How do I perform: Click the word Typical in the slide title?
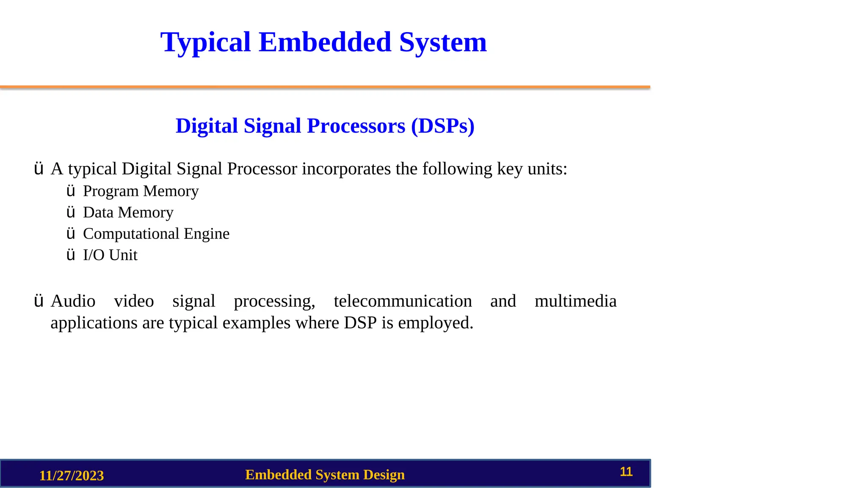point(206,42)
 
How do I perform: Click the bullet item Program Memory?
point(141,191)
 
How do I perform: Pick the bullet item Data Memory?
point(128,212)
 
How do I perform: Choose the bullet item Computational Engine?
point(156,233)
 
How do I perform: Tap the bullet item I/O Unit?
point(110,255)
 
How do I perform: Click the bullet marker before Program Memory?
point(71,191)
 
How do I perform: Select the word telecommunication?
point(403,301)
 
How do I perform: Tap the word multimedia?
point(575,301)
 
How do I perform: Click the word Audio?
point(73,301)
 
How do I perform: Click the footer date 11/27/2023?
point(72,476)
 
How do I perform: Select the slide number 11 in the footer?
point(626,471)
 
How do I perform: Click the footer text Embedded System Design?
point(325,475)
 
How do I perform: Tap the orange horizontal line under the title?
point(325,87)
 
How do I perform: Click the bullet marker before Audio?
point(39,301)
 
